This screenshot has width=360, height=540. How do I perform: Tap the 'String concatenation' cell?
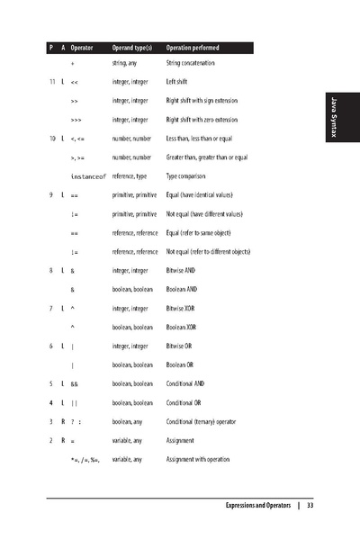coord(193,64)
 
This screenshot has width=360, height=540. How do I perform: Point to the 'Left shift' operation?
coord(178,81)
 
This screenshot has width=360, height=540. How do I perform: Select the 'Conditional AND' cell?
coord(187,383)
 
